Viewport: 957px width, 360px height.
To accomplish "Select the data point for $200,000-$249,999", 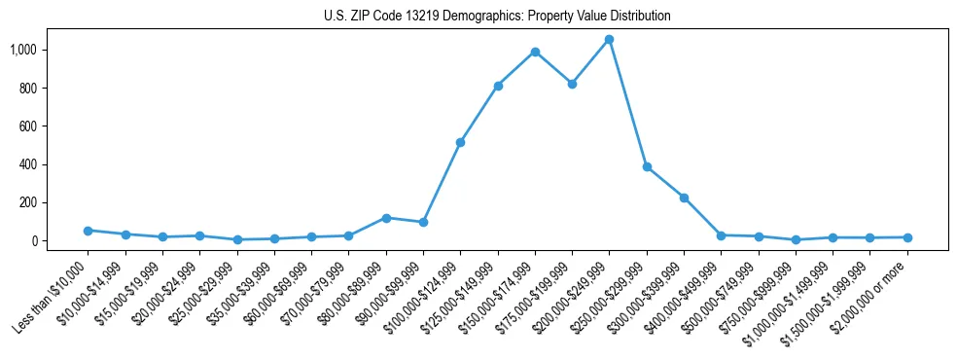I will click(609, 39).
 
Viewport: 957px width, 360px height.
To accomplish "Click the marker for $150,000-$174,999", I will click(535, 52).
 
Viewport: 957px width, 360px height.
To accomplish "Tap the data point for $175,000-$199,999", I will click(572, 84).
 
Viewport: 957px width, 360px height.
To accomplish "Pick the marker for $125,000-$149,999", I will click(498, 86).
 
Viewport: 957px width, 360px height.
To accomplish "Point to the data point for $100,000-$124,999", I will click(460, 142).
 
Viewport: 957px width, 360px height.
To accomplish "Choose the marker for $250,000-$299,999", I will click(647, 166).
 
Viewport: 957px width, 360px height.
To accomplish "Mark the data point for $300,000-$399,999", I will click(684, 198).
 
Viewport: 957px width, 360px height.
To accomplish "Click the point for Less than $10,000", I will click(88, 231).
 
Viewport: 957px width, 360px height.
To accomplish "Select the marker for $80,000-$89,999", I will click(386, 218).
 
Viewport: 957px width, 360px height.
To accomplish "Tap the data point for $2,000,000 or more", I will click(907, 237).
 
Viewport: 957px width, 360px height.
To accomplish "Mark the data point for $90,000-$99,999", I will click(423, 222).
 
